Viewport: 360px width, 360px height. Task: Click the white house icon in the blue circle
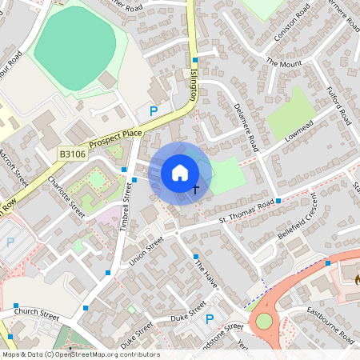pos(180,173)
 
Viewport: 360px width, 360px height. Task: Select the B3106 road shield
pos(72,153)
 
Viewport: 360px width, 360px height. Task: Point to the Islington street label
pos(194,82)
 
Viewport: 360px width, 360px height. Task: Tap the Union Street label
pos(146,250)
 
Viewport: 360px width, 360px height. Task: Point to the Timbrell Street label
pos(127,205)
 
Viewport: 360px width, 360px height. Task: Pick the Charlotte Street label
pos(66,196)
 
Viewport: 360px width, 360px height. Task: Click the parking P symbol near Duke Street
pos(210,319)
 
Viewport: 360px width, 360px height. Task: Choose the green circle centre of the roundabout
pos(263,322)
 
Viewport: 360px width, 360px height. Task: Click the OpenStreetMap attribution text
pos(80,354)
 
